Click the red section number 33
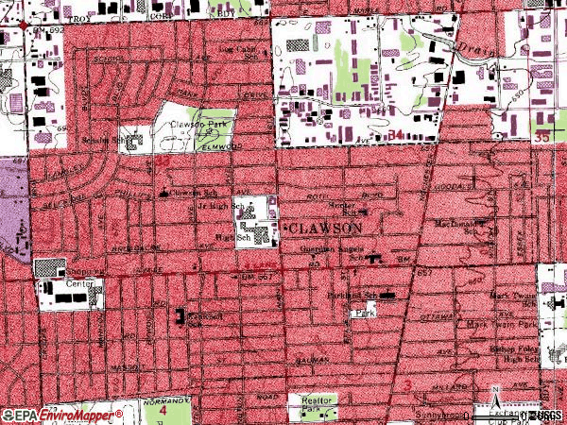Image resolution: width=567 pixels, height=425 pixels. [x=162, y=162]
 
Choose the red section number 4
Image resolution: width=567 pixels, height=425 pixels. [x=162, y=412]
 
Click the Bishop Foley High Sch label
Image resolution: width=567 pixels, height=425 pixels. [x=520, y=353]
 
